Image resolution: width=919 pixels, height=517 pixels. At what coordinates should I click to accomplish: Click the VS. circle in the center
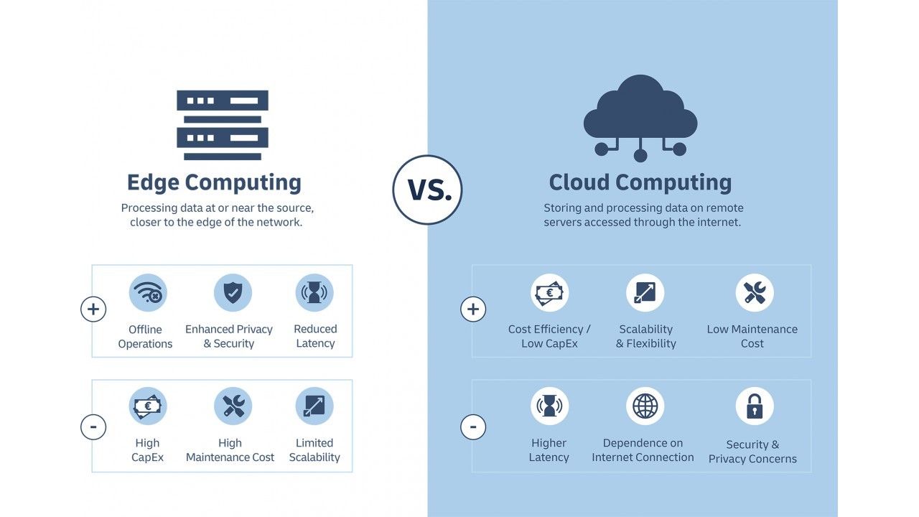click(x=427, y=190)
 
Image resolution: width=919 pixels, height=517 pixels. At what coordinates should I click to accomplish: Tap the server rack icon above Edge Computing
click(x=223, y=125)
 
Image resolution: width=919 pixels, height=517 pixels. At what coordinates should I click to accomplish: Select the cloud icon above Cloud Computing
click(x=640, y=115)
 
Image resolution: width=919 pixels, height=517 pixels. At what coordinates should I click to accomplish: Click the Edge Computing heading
click(x=214, y=182)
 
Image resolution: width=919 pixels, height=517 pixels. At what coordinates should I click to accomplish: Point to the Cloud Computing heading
click(x=640, y=182)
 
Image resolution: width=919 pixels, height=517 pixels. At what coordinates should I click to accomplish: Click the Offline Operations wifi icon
click(x=148, y=293)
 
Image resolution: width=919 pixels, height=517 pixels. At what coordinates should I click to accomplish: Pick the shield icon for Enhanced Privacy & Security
click(x=233, y=293)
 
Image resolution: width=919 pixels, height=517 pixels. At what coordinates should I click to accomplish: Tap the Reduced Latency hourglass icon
click(x=314, y=293)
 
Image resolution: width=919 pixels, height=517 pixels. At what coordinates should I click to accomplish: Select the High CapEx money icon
click(x=148, y=406)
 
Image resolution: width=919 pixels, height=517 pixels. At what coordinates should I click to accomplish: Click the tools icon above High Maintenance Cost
click(x=233, y=406)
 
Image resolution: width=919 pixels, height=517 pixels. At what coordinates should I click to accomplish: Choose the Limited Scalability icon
click(x=314, y=406)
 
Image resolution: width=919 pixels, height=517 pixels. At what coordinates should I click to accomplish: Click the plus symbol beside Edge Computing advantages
click(x=93, y=309)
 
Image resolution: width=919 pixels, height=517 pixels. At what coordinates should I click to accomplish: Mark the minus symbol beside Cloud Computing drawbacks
click(x=472, y=428)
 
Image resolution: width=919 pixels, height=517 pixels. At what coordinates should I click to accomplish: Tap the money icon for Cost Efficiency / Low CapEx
click(x=549, y=293)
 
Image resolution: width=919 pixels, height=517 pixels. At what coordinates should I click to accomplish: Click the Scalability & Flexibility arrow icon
click(x=645, y=293)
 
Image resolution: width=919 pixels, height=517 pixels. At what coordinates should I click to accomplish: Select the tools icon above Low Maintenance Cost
click(x=755, y=293)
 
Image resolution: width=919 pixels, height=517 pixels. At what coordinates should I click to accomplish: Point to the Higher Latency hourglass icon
click(x=549, y=406)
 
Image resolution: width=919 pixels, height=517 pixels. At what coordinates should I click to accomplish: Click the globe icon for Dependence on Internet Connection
click(x=645, y=406)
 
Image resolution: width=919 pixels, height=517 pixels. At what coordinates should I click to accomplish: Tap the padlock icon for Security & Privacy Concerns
click(x=755, y=406)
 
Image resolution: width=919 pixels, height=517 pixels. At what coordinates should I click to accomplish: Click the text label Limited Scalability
click(x=314, y=450)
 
